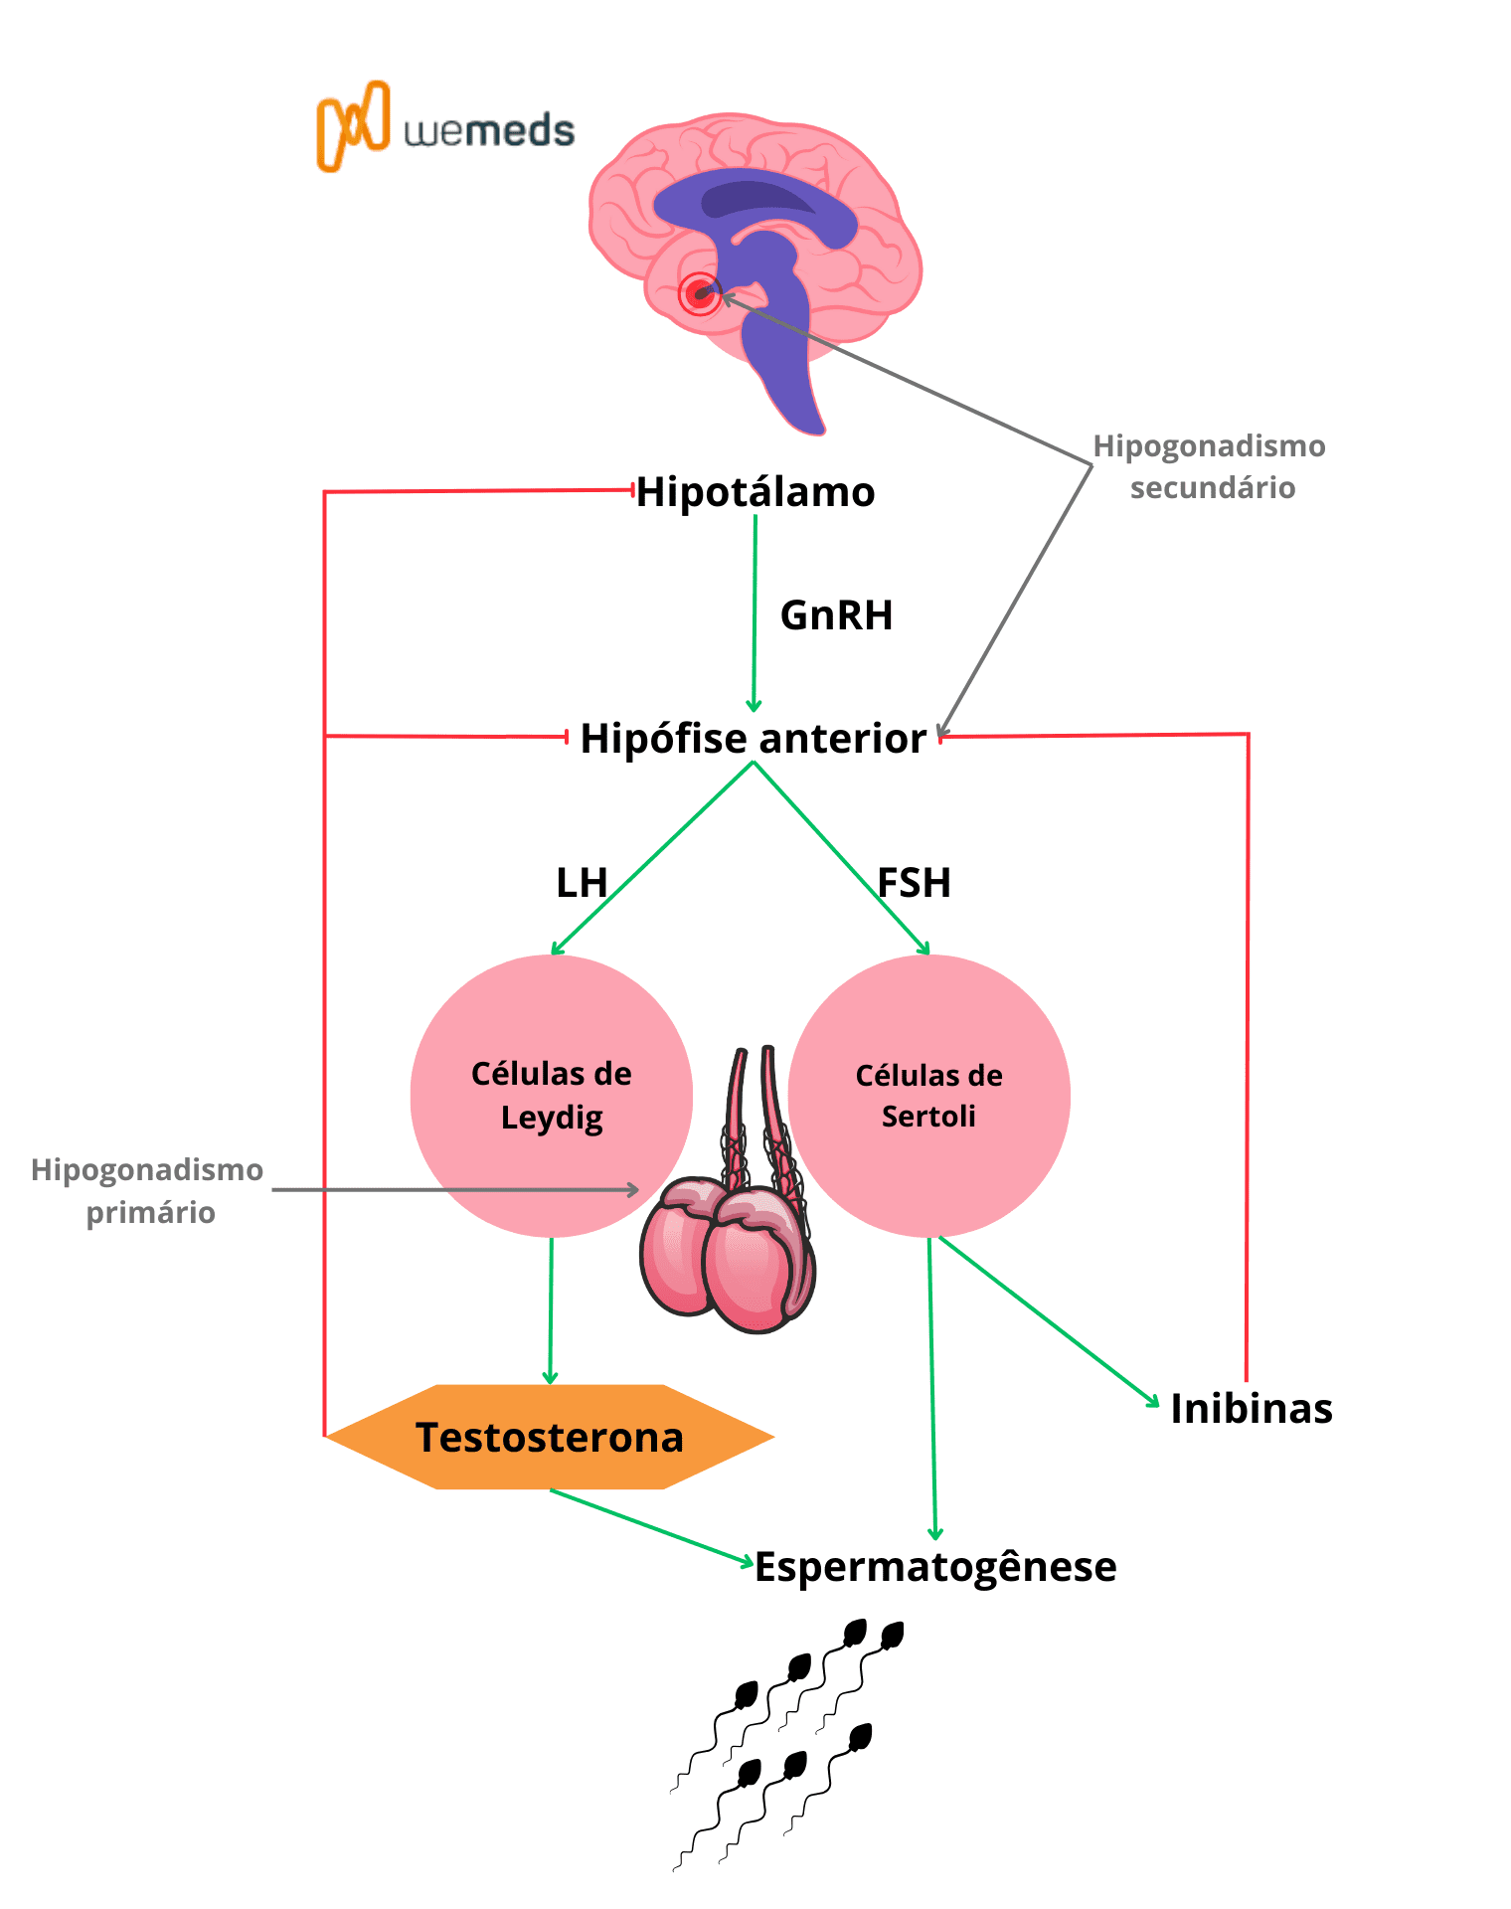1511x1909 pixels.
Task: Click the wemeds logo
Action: click(x=445, y=128)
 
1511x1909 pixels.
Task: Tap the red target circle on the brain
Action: click(x=700, y=293)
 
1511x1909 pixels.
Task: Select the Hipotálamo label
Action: click(x=755, y=492)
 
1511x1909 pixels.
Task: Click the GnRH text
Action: click(x=836, y=615)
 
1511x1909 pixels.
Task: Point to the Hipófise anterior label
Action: click(x=753, y=739)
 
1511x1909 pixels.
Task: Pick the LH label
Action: click(x=581, y=883)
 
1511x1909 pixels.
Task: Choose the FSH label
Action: click(x=915, y=883)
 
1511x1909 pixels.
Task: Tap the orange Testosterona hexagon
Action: click(x=550, y=1437)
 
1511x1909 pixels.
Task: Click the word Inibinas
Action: click(x=1252, y=1409)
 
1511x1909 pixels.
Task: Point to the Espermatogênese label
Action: click(x=935, y=1567)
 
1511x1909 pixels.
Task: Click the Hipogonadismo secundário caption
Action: click(x=1210, y=466)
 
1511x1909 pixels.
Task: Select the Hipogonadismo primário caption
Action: click(x=148, y=1190)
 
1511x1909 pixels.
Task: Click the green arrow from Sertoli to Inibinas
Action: click(x=1049, y=1320)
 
